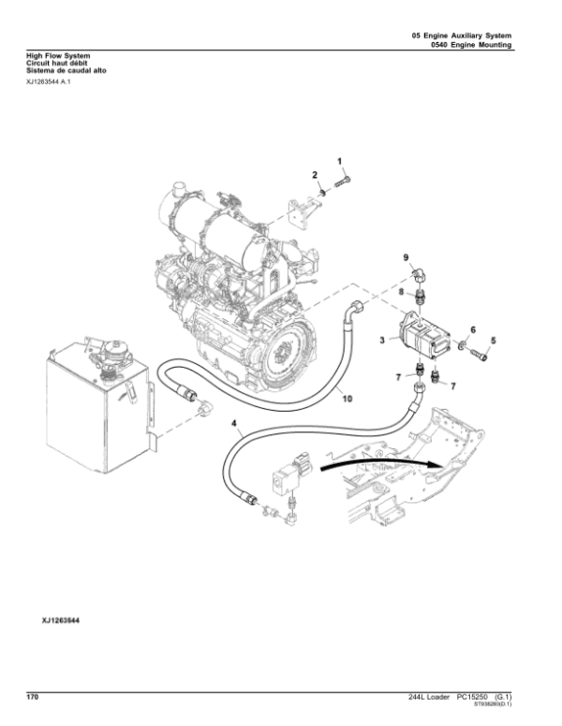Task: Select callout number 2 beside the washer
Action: pyautogui.click(x=316, y=176)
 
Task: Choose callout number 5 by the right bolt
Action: pyautogui.click(x=495, y=340)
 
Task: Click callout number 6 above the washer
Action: pyautogui.click(x=473, y=330)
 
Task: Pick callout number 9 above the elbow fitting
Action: pyautogui.click(x=407, y=256)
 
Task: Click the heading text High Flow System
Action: pyautogui.click(x=52, y=56)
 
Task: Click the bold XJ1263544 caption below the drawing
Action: pyautogui.click(x=59, y=620)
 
